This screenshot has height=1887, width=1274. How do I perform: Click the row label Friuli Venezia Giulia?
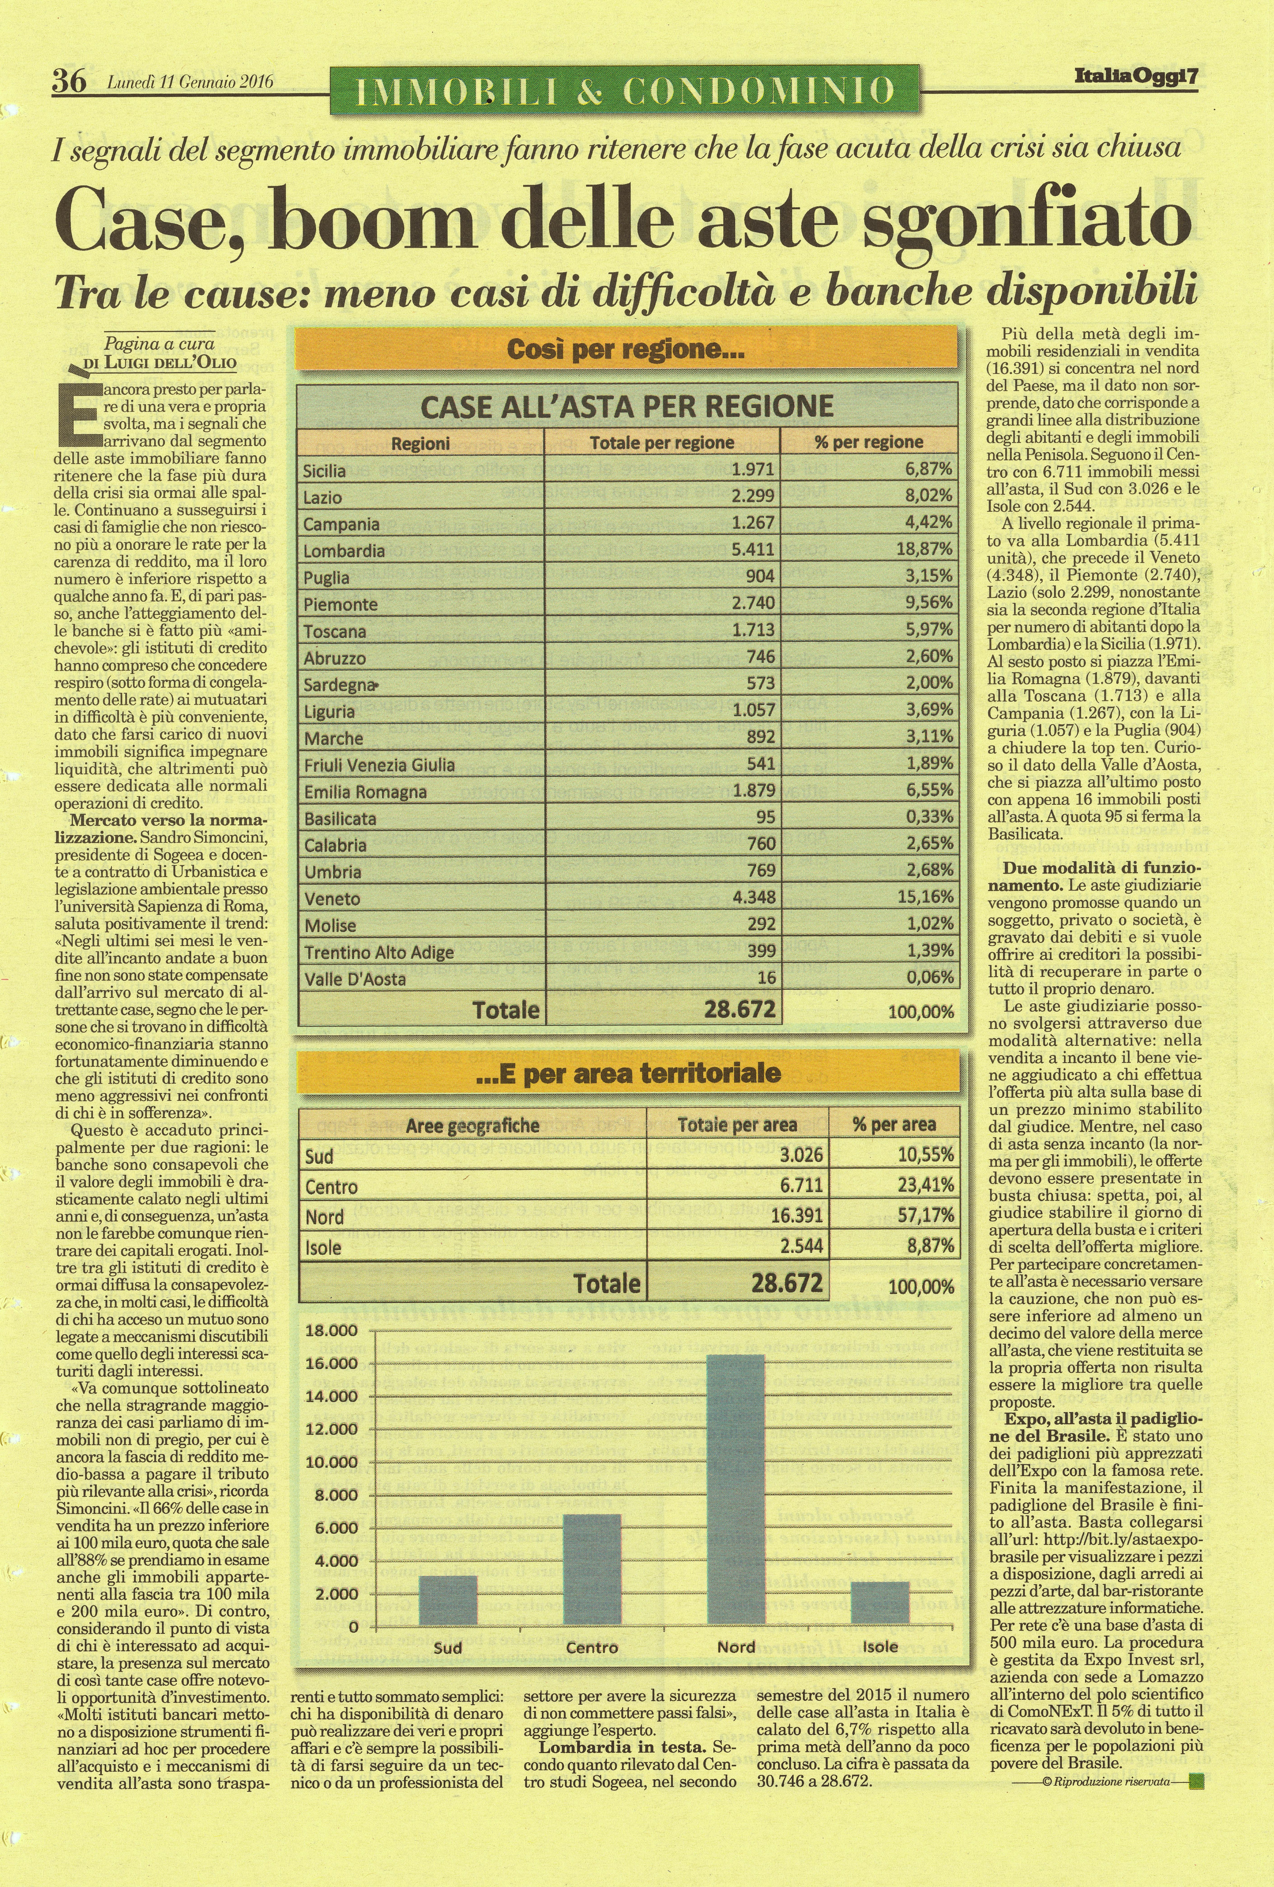tap(379, 764)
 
